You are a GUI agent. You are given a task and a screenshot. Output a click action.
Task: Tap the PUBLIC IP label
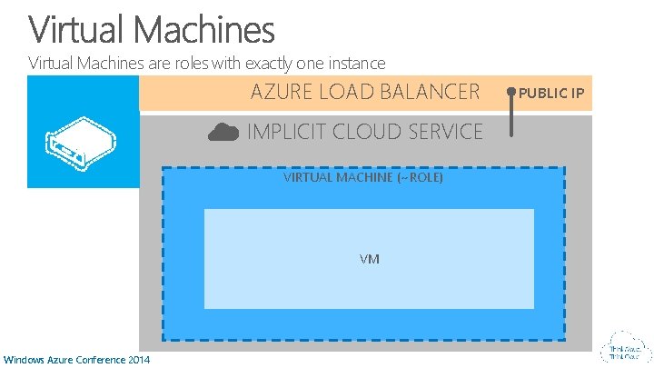point(551,93)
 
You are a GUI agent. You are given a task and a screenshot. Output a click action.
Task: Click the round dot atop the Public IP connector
point(511,92)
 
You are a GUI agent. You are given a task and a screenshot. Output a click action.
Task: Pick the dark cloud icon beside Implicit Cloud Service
point(223,132)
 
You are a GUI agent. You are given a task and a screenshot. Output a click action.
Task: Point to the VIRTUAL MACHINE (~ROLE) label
point(363,178)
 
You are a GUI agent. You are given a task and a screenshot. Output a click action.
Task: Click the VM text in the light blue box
point(369,259)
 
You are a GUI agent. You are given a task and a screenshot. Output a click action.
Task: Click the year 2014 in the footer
point(138,360)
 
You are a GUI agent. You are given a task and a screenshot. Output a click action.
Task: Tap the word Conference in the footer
point(98,360)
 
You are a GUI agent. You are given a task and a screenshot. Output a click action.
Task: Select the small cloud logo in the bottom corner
point(625,350)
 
